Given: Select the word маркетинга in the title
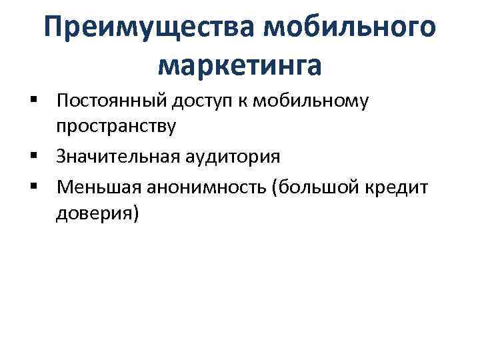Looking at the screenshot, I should click(240, 64).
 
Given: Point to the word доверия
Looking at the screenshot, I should click(94, 213).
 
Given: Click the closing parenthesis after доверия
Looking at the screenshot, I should click(136, 213).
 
